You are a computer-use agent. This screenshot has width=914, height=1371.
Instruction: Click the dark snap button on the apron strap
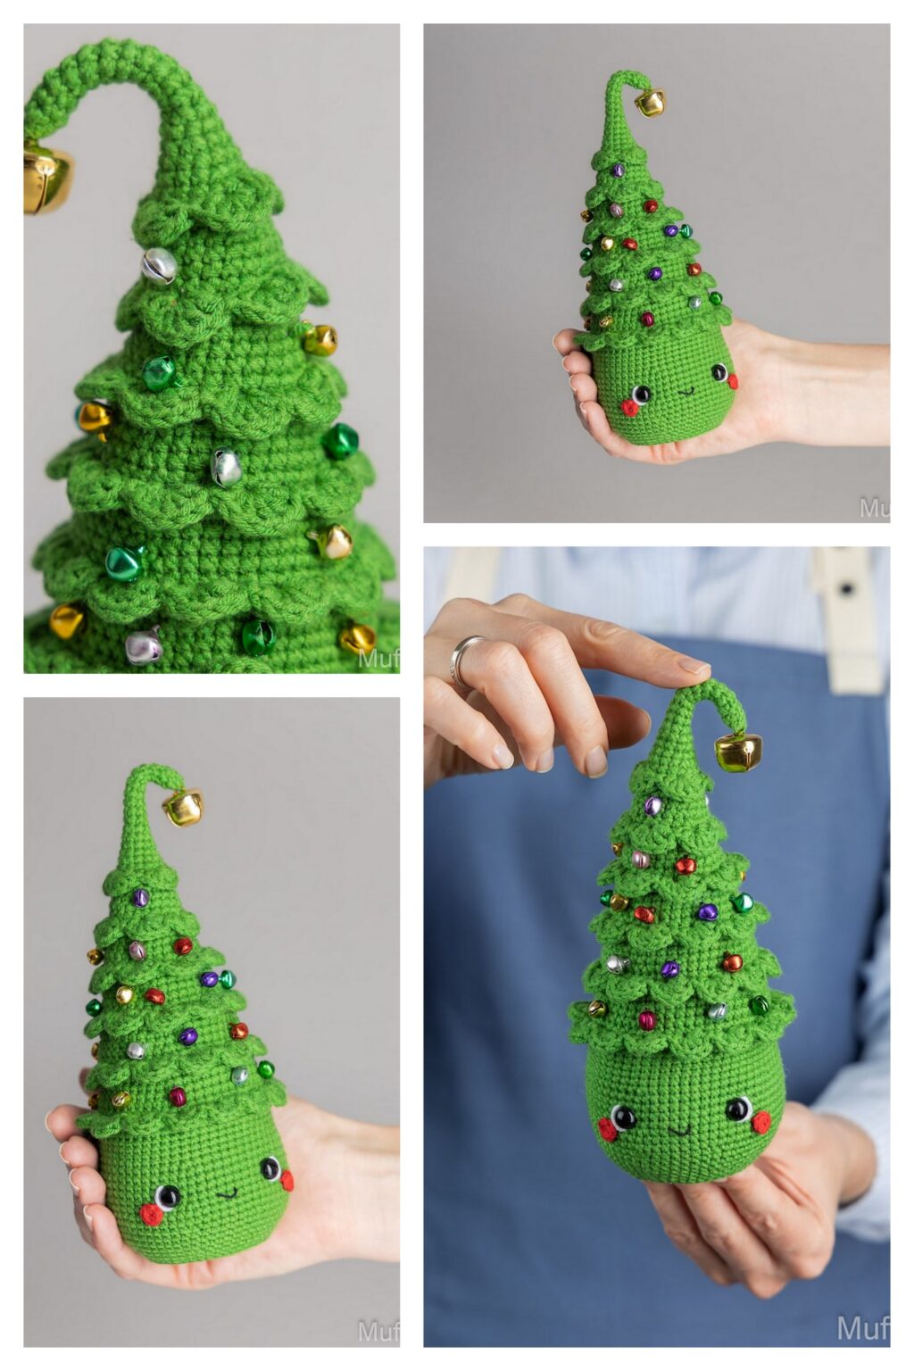click(x=845, y=588)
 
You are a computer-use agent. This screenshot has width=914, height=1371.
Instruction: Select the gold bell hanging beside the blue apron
click(x=739, y=752)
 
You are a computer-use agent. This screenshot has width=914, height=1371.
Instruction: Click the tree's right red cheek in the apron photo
click(x=760, y=1121)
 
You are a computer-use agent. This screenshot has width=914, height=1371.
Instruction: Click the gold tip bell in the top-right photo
click(x=650, y=103)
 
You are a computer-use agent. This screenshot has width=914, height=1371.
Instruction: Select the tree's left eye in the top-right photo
click(x=641, y=394)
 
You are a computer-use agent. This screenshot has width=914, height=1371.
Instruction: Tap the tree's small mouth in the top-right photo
click(x=685, y=389)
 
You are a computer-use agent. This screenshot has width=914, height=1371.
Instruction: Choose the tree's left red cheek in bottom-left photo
click(x=151, y=1215)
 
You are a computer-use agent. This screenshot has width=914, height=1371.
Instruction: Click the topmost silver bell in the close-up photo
click(x=159, y=264)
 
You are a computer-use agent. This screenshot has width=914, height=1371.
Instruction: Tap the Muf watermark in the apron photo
click(x=861, y=1327)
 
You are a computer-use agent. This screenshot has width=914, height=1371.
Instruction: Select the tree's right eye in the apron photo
click(x=738, y=1109)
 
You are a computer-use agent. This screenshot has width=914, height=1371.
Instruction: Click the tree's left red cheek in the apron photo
click(x=607, y=1130)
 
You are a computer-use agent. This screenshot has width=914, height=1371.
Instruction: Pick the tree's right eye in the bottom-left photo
click(x=270, y=1167)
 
